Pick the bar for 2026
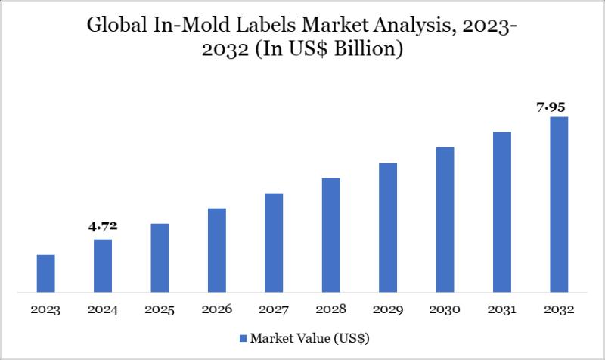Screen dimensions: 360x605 click(217, 250)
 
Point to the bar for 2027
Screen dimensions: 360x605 click(274, 242)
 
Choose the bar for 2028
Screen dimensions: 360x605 click(330, 234)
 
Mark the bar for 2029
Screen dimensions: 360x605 click(388, 227)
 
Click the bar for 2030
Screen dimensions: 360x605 click(445, 219)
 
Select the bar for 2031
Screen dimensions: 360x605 click(502, 212)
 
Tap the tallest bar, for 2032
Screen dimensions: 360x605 click(559, 204)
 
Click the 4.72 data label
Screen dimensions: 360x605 click(103, 225)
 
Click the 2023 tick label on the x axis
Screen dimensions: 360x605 click(45, 310)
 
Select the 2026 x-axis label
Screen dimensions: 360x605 click(217, 310)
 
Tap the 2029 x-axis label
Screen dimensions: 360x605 click(388, 310)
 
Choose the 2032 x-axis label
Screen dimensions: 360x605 click(559, 310)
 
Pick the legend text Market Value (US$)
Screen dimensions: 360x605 click(310, 337)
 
